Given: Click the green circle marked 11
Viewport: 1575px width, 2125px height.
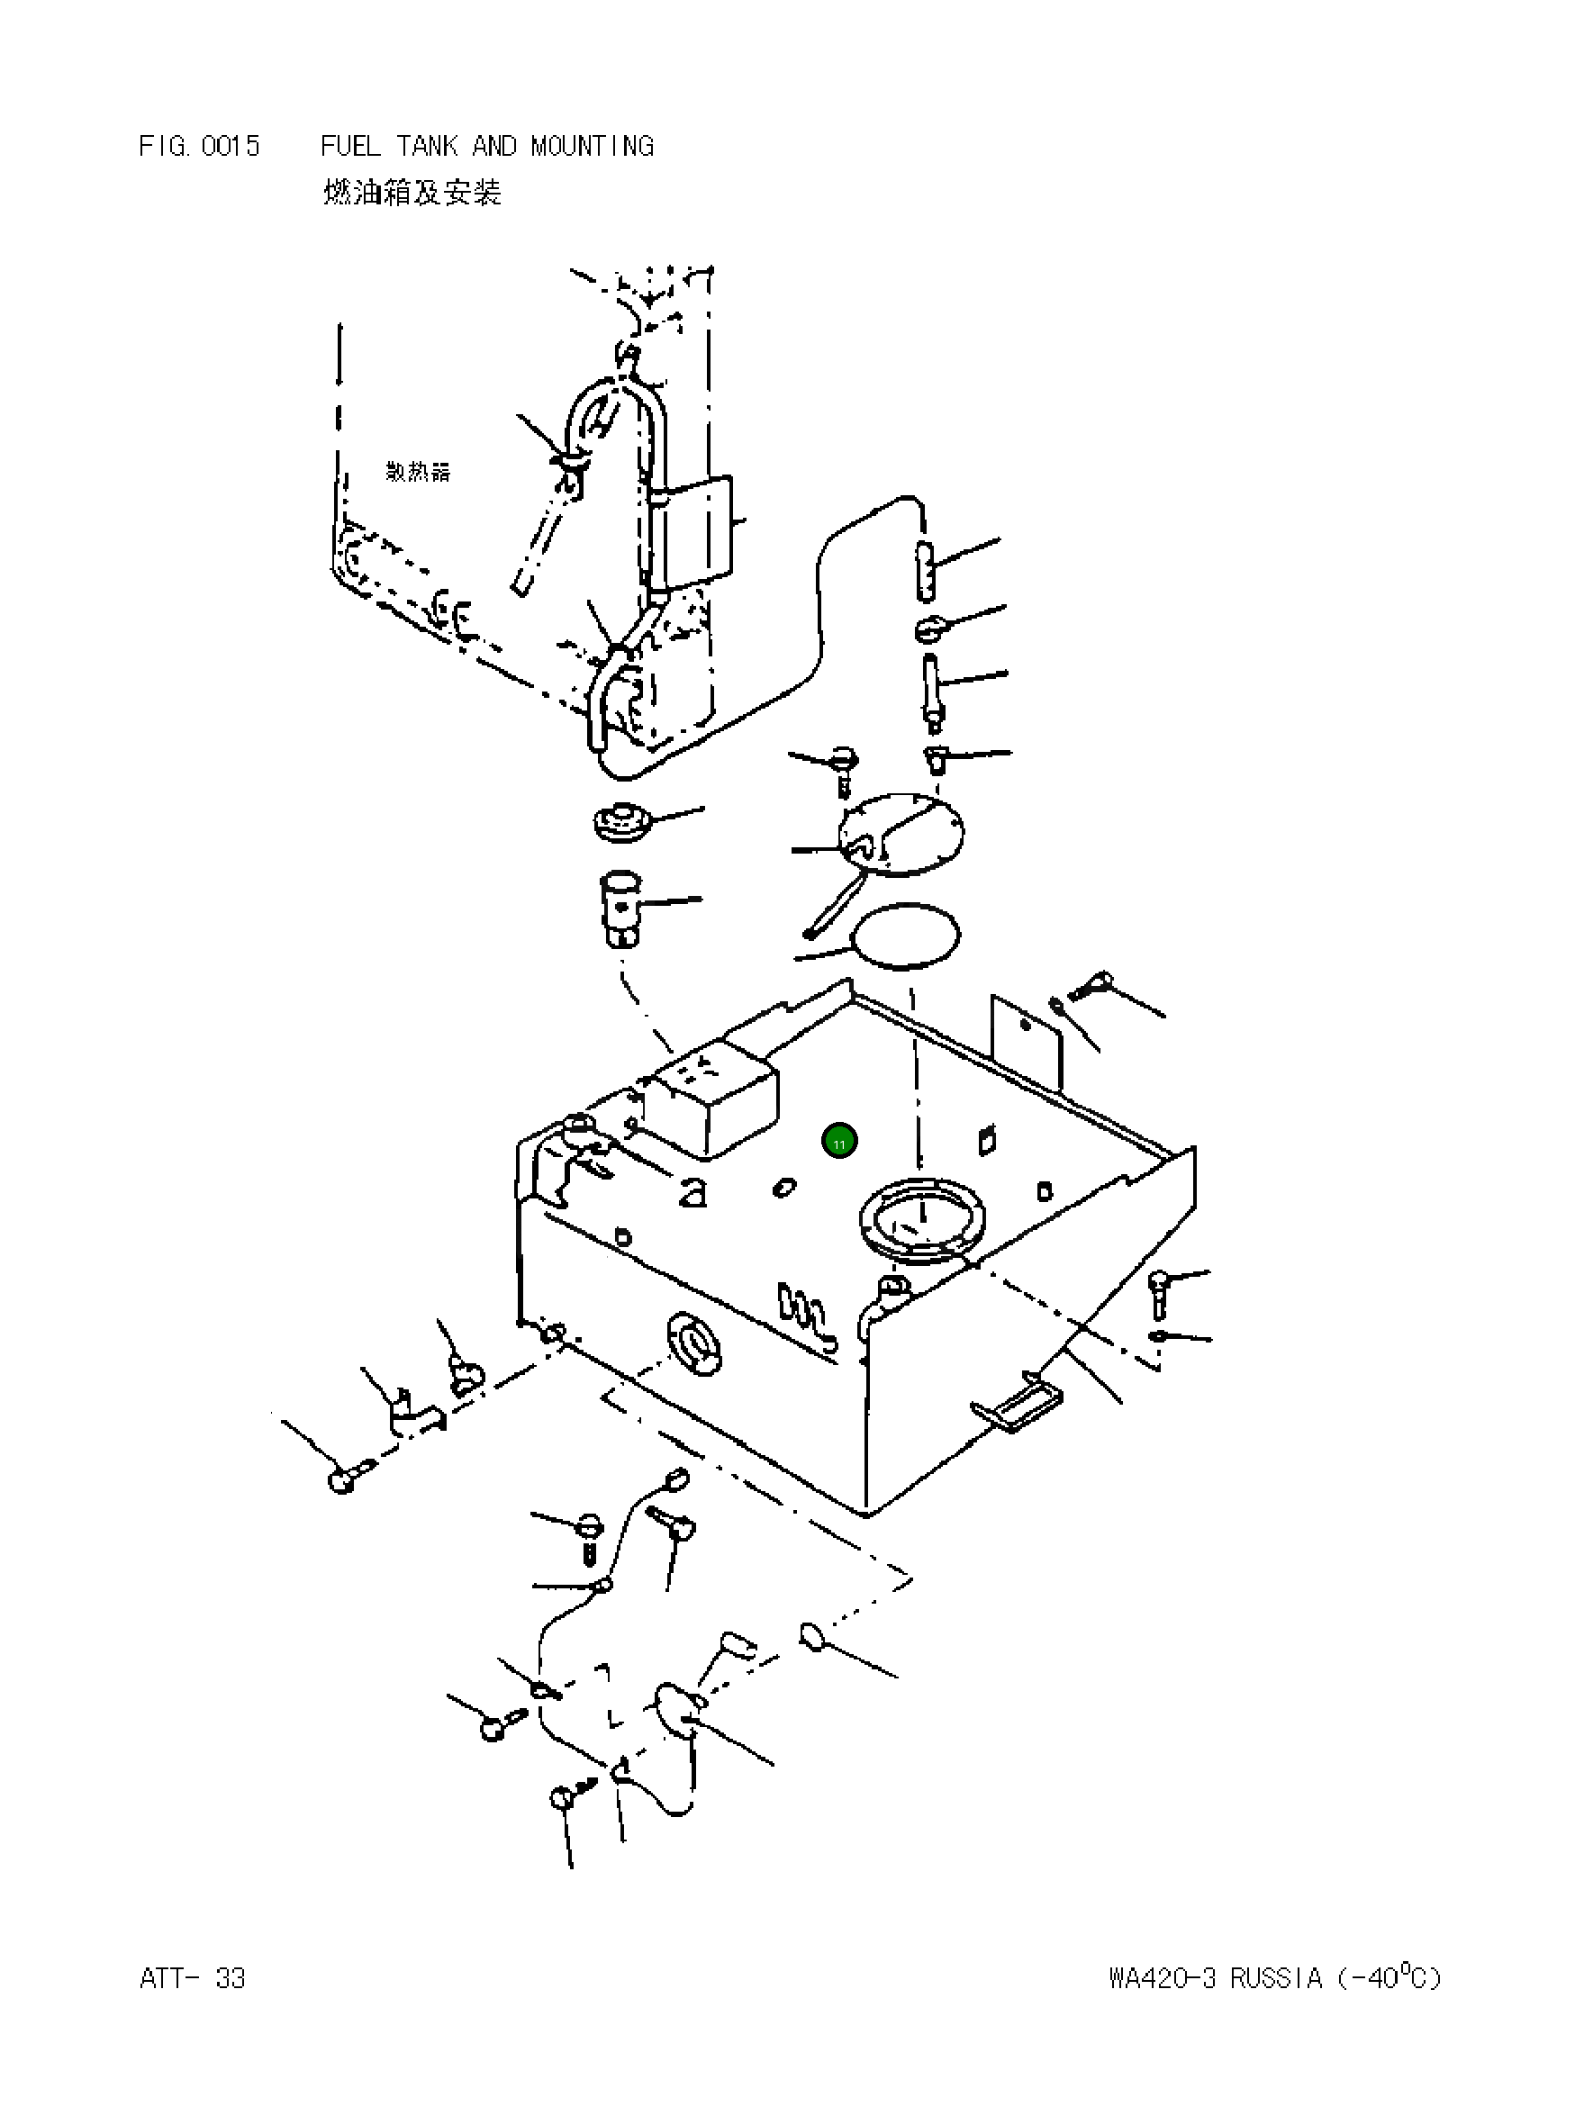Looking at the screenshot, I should (839, 1141).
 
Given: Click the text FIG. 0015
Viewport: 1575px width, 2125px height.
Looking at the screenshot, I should (199, 146).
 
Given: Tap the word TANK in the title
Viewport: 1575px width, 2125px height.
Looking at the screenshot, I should (427, 146).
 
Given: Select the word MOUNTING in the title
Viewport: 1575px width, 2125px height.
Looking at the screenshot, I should (592, 146).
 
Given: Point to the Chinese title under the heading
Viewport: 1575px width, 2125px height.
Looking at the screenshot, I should (412, 193).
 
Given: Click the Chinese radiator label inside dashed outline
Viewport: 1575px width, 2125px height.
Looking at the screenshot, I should (418, 472).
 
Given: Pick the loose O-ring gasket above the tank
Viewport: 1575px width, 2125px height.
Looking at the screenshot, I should (907, 936).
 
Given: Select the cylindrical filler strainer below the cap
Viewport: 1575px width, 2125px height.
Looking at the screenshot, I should (620, 907).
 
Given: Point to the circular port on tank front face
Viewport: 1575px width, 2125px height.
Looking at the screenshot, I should (697, 1344).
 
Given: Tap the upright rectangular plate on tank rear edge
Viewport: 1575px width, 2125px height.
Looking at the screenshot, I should (1026, 1041).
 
